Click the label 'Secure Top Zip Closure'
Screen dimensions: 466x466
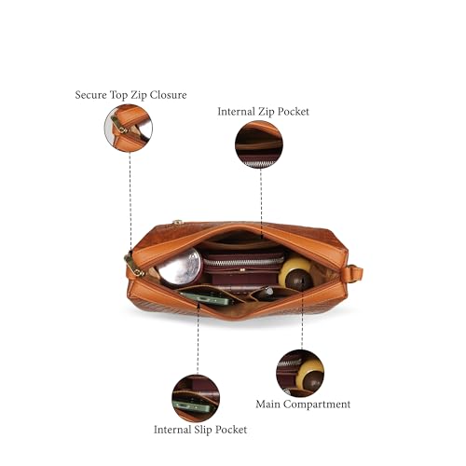coord(130,95)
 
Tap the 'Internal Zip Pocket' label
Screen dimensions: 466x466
coord(263,112)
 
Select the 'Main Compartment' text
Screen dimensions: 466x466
coord(303,404)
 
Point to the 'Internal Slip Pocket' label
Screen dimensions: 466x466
coord(200,430)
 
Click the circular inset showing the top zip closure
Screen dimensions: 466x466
coord(129,128)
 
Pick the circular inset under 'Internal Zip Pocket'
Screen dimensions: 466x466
coord(259,144)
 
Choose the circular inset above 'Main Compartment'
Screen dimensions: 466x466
coord(300,374)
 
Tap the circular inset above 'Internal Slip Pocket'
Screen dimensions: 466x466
coord(196,398)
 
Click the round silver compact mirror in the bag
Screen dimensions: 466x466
coord(180,267)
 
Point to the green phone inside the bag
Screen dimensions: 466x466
coord(207,297)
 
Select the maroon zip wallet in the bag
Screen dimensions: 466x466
coord(243,269)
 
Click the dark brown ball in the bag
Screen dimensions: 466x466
coord(299,280)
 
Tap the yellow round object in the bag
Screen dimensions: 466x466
coord(293,269)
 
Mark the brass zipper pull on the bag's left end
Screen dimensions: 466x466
coord(134,266)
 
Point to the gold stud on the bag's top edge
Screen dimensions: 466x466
coord(177,222)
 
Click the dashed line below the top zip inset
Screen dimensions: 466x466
coord(130,204)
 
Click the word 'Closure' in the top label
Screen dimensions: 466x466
coord(169,95)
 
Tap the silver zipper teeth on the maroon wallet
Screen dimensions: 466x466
coord(243,262)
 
